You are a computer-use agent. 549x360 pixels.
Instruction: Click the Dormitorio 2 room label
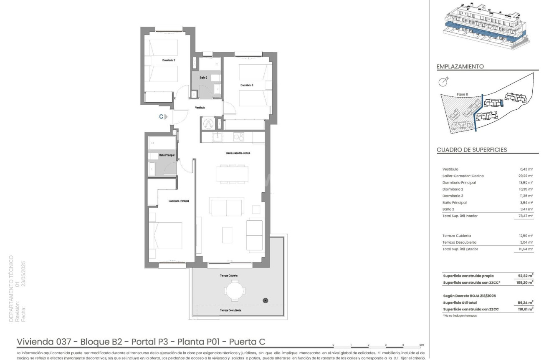point(169,60)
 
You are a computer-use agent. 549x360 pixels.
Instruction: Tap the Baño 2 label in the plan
point(203,78)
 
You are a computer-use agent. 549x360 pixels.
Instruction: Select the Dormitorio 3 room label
point(247,85)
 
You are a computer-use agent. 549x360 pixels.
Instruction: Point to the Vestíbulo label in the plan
point(200,108)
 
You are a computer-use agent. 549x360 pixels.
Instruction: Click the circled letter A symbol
point(208,123)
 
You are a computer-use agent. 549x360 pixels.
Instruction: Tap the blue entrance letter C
point(161,117)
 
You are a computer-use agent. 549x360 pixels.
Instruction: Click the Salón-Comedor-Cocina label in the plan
point(235,154)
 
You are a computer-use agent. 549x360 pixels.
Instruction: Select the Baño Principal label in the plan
point(167,155)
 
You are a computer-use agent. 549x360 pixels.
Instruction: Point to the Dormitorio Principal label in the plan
point(179,201)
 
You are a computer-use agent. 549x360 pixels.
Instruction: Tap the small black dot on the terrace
point(265,300)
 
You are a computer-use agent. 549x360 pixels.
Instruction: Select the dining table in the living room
point(232,174)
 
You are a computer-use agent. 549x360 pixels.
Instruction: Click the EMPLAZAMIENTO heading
point(460,66)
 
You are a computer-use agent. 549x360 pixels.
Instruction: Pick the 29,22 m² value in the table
point(525,176)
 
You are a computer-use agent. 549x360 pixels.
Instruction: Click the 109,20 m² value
point(525,282)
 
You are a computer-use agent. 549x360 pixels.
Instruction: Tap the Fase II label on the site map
point(462,94)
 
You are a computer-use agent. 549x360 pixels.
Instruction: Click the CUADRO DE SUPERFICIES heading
point(471,150)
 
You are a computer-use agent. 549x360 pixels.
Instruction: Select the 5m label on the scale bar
point(421,345)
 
